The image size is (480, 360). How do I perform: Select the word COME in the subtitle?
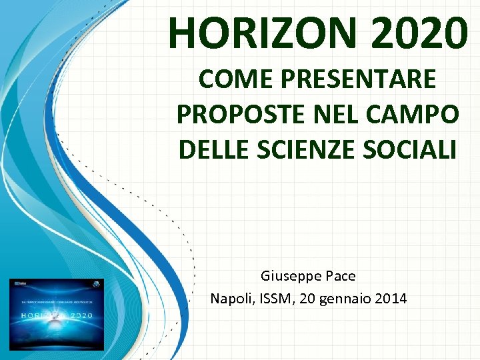click(x=229, y=79)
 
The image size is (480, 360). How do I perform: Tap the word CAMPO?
click(x=406, y=114)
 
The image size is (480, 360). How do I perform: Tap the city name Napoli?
click(x=230, y=299)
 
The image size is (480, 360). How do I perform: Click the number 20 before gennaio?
click(x=308, y=299)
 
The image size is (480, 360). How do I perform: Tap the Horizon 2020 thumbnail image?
click(x=57, y=314)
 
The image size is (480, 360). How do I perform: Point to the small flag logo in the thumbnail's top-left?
click(x=15, y=283)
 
